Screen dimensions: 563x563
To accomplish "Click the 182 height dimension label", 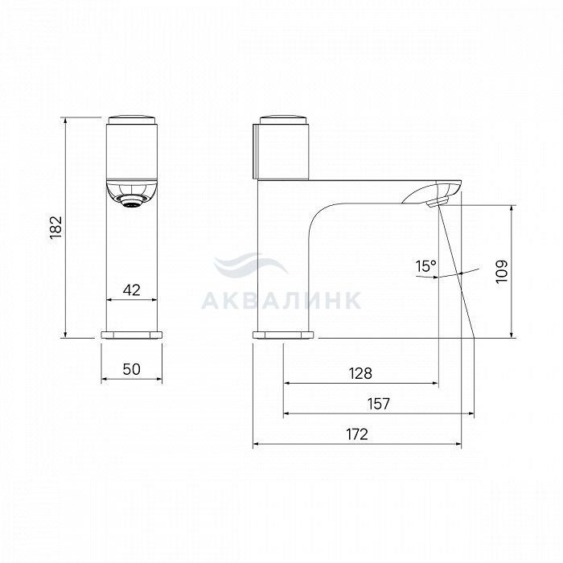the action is click(56, 228).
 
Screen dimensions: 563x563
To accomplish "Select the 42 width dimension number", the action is click(132, 290).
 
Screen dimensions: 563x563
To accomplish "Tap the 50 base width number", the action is click(132, 369).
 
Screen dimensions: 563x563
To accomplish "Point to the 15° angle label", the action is click(425, 266).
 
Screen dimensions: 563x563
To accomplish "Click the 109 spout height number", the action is click(502, 272).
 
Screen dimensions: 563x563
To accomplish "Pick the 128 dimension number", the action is click(360, 374).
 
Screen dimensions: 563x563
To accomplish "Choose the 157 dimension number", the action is click(379, 404).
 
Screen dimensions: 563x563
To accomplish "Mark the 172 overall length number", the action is click(357, 434).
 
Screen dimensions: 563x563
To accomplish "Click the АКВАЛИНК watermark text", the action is click(281, 301).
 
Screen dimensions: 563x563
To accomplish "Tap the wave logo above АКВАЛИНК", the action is click(251, 264).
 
